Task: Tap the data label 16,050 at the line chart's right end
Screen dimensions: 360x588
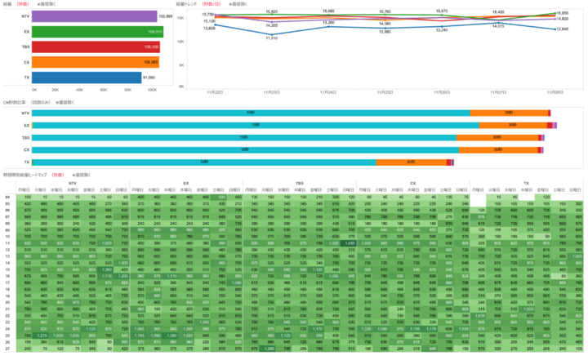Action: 562,13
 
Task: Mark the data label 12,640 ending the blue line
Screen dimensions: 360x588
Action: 562,29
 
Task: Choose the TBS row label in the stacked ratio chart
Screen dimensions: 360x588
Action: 26,138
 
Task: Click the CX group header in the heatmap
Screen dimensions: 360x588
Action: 412,184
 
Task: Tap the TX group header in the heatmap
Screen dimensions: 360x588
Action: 526,184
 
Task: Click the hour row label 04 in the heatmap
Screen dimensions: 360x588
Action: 7,198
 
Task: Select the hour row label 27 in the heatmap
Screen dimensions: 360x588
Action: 7,349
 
